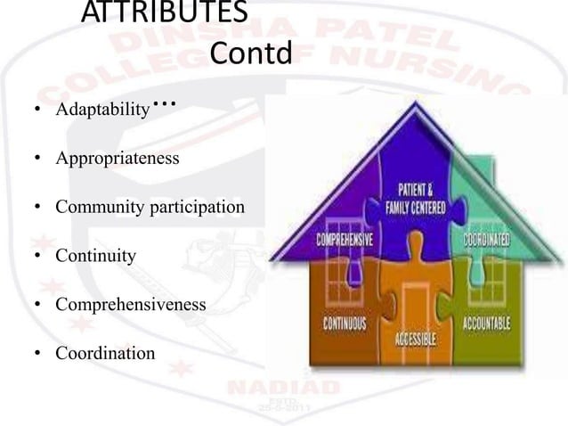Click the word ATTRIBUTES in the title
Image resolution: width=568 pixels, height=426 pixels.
(x=165, y=13)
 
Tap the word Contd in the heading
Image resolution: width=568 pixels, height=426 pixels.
(x=251, y=54)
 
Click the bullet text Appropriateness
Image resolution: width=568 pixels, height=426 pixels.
(x=117, y=160)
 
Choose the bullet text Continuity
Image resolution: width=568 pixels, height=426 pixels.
(x=95, y=257)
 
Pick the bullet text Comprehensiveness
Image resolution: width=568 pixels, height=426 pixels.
(x=130, y=305)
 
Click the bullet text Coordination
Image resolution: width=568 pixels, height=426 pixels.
(x=104, y=354)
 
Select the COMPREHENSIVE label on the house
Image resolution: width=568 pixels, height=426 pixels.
(x=344, y=241)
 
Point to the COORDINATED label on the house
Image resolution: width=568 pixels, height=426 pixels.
(x=485, y=240)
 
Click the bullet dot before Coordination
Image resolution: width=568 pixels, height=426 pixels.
(x=38, y=355)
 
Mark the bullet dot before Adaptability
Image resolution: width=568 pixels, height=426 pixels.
(x=38, y=112)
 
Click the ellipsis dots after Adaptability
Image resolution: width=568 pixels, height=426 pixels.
(x=166, y=105)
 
